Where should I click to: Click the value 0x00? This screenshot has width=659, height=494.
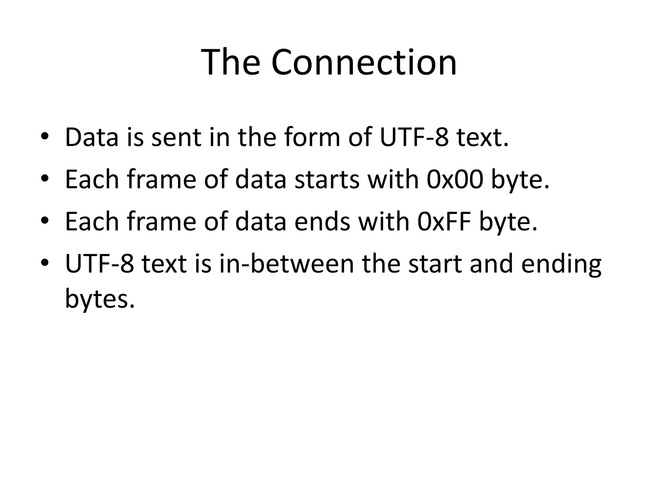click(455, 180)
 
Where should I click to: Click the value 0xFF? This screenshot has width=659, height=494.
click(444, 222)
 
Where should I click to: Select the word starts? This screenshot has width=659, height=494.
click(327, 180)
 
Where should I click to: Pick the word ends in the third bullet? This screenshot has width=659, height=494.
click(322, 222)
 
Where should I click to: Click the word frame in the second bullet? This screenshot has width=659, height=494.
click(161, 180)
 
